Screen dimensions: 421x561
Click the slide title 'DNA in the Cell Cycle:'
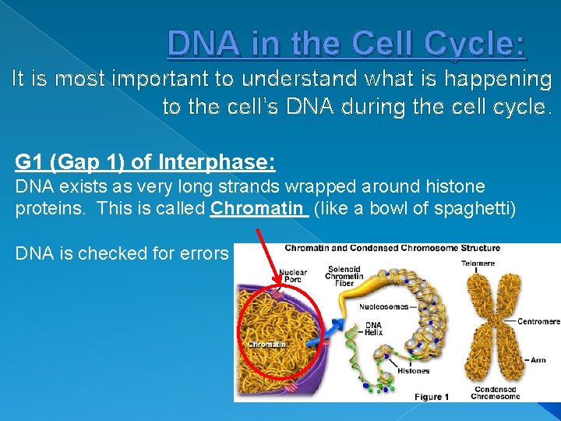[x=347, y=44]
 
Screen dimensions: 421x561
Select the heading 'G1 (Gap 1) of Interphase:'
[x=145, y=162]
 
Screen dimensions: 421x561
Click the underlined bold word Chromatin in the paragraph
[x=256, y=209]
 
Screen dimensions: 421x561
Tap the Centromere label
[x=538, y=320]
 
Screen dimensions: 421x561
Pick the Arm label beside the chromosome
[x=538, y=360]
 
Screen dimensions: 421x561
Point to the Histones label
[x=412, y=371]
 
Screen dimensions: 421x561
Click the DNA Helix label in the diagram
[x=373, y=327]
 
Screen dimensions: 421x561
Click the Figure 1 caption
[x=431, y=397]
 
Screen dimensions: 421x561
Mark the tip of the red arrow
[x=276, y=289]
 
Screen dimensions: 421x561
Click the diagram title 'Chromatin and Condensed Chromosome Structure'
[x=391, y=249]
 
